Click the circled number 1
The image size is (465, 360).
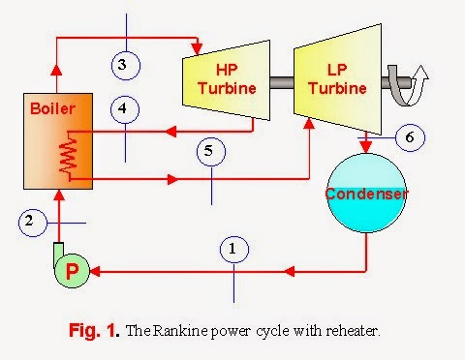(232, 250)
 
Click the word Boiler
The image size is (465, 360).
(47, 108)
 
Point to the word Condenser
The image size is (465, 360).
(367, 194)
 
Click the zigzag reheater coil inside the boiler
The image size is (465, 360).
(67, 154)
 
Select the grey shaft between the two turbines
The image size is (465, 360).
(280, 81)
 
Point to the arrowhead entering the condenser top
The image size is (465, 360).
(366, 147)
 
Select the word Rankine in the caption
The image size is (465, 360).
(180, 330)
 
